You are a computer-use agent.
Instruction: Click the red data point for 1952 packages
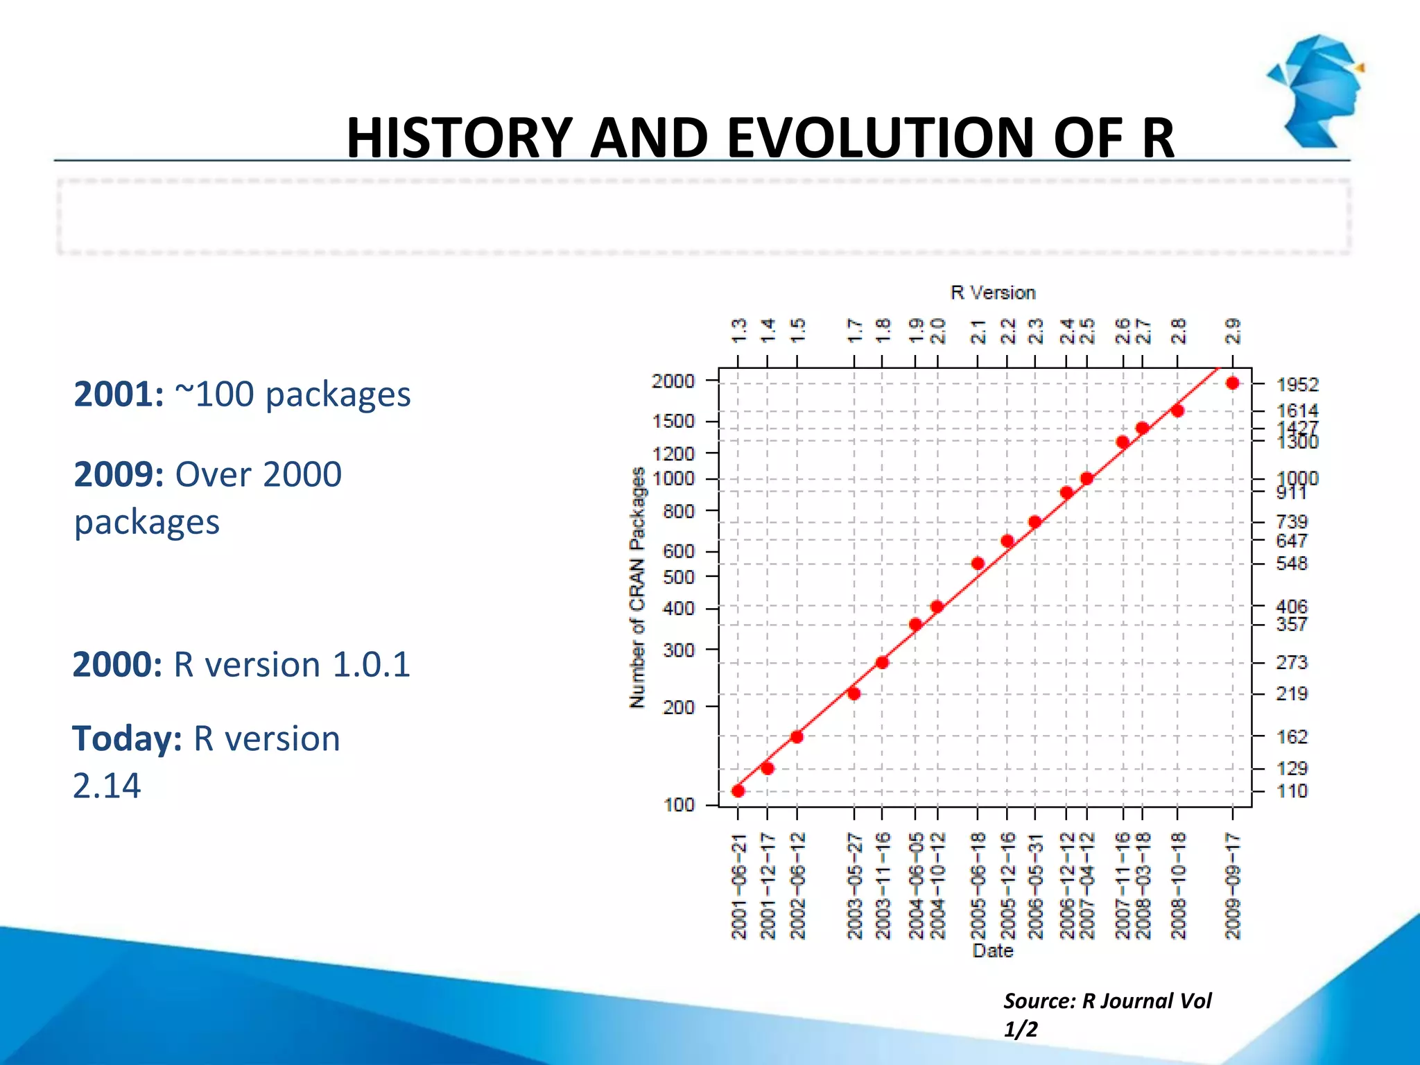(1232, 383)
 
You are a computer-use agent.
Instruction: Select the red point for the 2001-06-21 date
(738, 790)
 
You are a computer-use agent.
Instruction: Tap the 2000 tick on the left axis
(673, 381)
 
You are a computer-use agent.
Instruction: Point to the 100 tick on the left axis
(679, 805)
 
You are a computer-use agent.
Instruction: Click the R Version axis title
(992, 293)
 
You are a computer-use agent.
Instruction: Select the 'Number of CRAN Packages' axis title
(637, 587)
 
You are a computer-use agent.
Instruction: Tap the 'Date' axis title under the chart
(992, 951)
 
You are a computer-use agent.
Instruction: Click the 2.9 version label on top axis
(1233, 331)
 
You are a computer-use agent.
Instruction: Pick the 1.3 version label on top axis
(739, 331)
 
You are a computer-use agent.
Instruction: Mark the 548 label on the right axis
(1291, 564)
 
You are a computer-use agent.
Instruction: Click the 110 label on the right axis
(1291, 791)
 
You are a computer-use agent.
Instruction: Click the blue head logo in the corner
(1316, 90)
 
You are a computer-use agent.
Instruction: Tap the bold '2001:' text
(119, 395)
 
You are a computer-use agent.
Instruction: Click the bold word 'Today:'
(127, 738)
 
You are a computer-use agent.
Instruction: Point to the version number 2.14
(107, 786)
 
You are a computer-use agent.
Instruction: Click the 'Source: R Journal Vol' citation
(1107, 1001)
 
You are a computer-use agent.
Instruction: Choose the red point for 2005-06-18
(978, 564)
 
